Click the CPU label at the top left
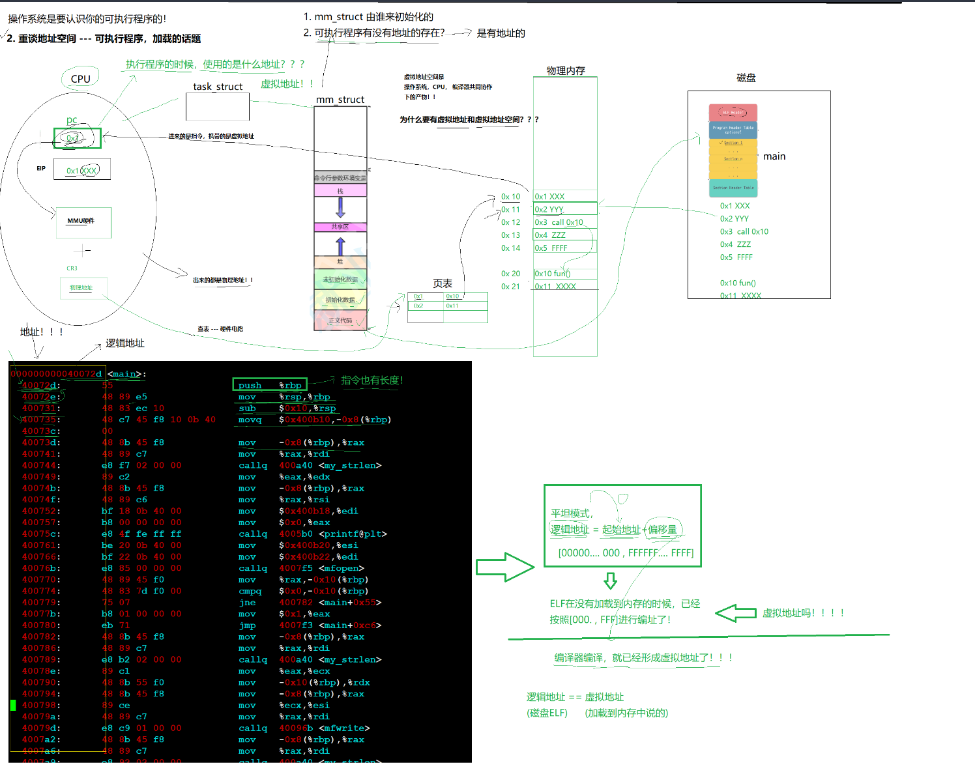[x=80, y=79]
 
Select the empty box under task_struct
[x=217, y=107]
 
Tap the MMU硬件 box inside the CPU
[x=83, y=222]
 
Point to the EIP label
[x=41, y=168]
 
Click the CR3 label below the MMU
[x=72, y=268]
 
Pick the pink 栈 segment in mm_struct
[x=340, y=191]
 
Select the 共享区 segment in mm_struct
[x=340, y=227]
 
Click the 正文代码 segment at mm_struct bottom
[x=340, y=321]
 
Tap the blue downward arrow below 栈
[x=340, y=207]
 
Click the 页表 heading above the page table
[x=443, y=283]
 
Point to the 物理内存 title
[x=565, y=70]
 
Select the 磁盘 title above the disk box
[x=746, y=78]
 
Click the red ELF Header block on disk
[x=733, y=112]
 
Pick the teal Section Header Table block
[x=733, y=188]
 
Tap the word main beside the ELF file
[x=774, y=156]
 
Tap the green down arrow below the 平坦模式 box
[x=610, y=580]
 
